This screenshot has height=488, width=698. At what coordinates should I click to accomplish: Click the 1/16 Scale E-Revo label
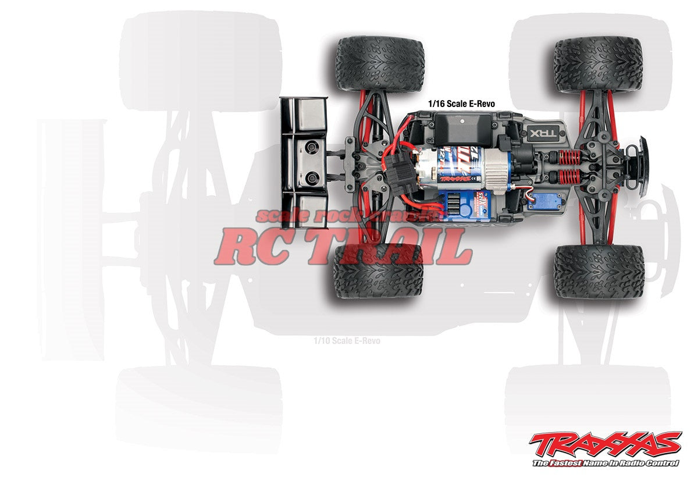pyautogui.click(x=461, y=104)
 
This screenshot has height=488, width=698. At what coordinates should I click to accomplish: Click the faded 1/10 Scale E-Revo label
pyautogui.click(x=346, y=340)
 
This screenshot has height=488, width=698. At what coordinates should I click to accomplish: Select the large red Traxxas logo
pyautogui.click(x=605, y=445)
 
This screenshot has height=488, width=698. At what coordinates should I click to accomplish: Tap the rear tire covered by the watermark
pyautogui.click(x=378, y=270)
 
